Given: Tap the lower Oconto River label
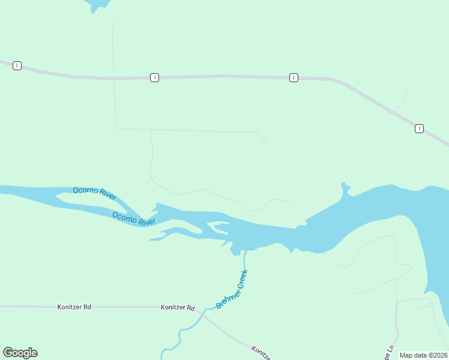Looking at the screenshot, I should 134,218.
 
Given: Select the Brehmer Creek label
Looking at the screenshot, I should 232,289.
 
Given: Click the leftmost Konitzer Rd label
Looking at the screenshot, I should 74,307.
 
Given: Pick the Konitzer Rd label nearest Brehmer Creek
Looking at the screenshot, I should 178,307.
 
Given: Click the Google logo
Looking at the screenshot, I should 20,353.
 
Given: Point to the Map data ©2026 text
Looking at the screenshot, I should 423,355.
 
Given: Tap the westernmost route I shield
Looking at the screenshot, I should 17,65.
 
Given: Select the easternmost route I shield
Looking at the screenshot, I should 419,128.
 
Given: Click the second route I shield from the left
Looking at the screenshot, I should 154,77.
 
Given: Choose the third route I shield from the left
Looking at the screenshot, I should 294,77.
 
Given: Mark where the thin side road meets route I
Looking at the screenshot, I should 113,78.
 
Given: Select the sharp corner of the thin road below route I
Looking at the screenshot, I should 116,128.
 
